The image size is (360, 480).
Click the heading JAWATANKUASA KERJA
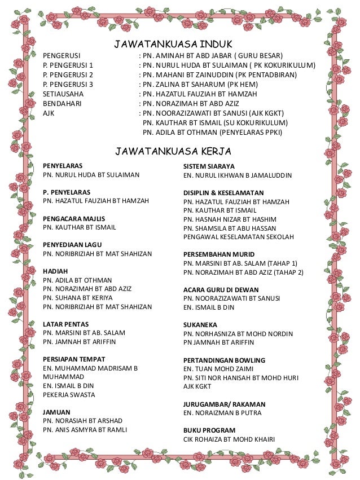(174, 151)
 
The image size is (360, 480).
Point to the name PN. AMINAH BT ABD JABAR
(187, 55)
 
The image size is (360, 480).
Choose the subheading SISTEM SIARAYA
(209, 166)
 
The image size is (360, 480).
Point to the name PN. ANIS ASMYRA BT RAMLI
(85, 430)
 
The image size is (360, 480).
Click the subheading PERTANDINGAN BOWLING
(225, 359)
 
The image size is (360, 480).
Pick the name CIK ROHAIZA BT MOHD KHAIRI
(229, 439)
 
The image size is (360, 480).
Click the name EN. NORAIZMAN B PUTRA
(222, 413)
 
